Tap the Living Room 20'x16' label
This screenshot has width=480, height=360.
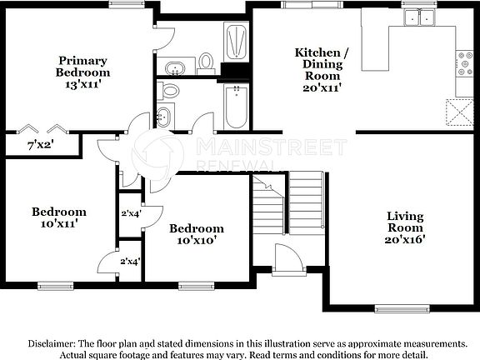tap(406, 227)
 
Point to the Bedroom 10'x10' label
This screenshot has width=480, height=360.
tap(197, 234)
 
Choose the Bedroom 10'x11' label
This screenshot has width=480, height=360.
tap(59, 217)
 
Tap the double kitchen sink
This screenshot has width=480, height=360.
tap(420, 17)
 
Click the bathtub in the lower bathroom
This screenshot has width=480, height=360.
tap(235, 108)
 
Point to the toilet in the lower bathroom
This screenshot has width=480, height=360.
tap(171, 90)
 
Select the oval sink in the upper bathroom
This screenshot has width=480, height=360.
tap(176, 67)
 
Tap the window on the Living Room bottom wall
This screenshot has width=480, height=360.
tap(396, 307)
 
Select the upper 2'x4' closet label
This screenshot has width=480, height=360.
tap(131, 213)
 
